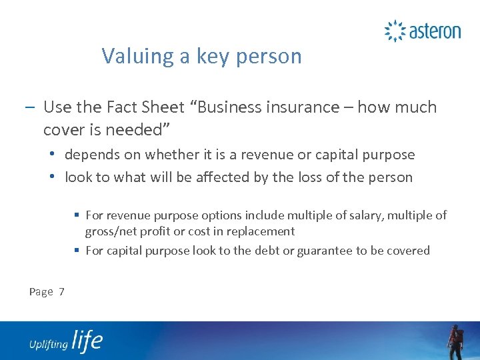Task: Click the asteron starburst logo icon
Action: tap(395, 31)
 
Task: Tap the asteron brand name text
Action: tap(435, 31)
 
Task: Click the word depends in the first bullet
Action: tap(90, 155)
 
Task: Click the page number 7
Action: tap(61, 291)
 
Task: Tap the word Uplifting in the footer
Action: tap(49, 344)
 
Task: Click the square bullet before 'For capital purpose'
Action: tap(78, 251)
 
